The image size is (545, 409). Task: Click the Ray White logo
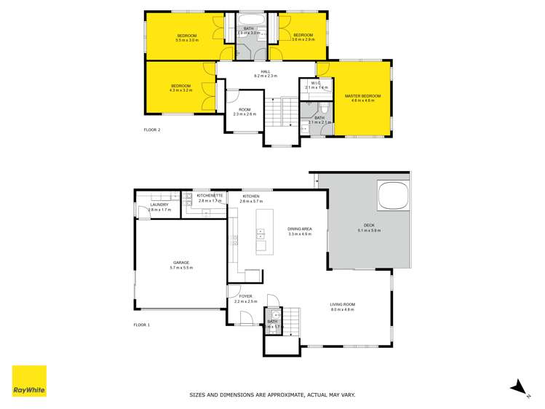click(x=29, y=381)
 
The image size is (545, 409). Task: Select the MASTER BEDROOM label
click(x=362, y=96)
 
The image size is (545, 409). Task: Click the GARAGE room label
click(x=180, y=263)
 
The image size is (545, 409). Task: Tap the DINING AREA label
click(x=300, y=229)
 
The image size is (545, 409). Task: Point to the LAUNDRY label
click(x=159, y=204)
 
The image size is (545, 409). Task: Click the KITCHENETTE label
click(x=210, y=196)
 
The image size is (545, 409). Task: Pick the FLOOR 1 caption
click(x=142, y=325)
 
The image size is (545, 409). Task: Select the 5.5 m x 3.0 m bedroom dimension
click(x=187, y=41)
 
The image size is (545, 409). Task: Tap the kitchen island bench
click(x=260, y=233)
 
